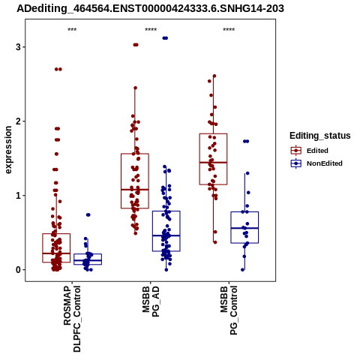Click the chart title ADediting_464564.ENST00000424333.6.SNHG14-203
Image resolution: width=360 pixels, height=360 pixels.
point(150,9)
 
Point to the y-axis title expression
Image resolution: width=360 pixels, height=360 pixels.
point(8,150)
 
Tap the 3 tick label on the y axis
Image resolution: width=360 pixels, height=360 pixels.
point(18,46)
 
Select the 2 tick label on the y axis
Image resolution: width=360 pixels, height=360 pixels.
point(18,121)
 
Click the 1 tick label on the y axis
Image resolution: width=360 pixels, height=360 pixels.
point(18,196)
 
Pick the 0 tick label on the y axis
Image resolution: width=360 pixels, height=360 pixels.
point(18,270)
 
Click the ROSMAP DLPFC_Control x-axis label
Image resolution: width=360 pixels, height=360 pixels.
point(72,319)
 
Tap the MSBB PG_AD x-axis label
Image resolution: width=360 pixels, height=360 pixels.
point(151,301)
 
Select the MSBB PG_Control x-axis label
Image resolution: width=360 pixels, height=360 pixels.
point(229,310)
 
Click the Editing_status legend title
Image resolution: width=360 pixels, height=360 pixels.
point(320,136)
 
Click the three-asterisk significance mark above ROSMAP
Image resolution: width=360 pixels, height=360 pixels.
point(72,30)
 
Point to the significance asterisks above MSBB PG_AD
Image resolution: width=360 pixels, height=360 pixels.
point(151,30)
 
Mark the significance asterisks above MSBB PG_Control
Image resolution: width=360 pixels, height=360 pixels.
point(229,30)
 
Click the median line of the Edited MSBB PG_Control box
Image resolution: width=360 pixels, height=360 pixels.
point(213,163)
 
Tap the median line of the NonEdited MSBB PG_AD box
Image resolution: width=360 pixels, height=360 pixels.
point(166,235)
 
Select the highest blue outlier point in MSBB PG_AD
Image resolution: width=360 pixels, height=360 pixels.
point(165,38)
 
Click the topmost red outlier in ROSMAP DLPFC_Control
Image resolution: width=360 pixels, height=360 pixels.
point(58,69)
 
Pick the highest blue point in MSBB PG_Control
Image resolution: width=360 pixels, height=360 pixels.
point(246,141)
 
